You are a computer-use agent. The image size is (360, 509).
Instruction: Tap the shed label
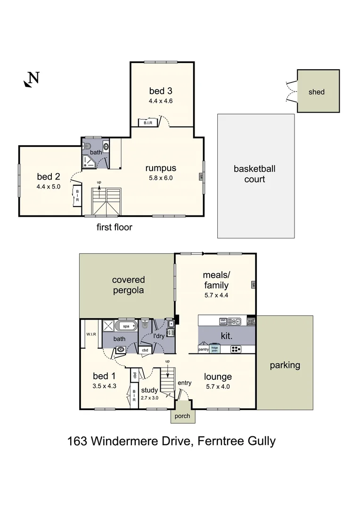coord(316,92)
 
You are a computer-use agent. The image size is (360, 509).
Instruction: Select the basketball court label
coord(254,174)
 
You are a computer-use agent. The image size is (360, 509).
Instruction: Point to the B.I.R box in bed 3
coord(145,123)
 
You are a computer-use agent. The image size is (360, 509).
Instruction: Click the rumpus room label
coord(160,168)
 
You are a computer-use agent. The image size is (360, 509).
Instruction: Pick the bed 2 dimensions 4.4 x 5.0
coord(49,187)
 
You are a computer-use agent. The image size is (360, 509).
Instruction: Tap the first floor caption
coord(115,227)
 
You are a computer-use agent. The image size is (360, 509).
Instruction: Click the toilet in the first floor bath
coord(87,146)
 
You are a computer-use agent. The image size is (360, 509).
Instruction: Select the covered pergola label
coord(128,285)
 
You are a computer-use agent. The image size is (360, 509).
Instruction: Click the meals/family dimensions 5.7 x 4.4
coord(216,296)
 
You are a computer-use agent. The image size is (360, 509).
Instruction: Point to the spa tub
coord(126,326)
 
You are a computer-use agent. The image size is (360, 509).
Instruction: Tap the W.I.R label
coord(91,335)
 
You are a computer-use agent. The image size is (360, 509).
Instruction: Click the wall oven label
coord(251,322)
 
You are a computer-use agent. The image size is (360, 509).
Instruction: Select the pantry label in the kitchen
coord(203,349)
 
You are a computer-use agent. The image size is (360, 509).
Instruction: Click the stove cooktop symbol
coord(236,349)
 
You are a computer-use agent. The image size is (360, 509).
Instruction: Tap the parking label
coord(285,365)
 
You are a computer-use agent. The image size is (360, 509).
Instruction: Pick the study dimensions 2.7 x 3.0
coord(150,397)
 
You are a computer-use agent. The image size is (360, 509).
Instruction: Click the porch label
coord(182,416)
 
